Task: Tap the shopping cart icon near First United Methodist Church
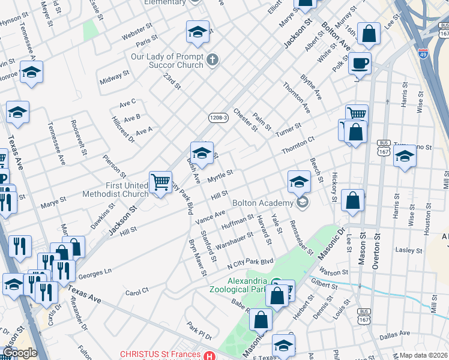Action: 160,181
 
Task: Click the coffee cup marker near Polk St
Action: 360,63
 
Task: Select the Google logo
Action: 19,353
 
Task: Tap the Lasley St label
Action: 410,250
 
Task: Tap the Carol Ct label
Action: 137,292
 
